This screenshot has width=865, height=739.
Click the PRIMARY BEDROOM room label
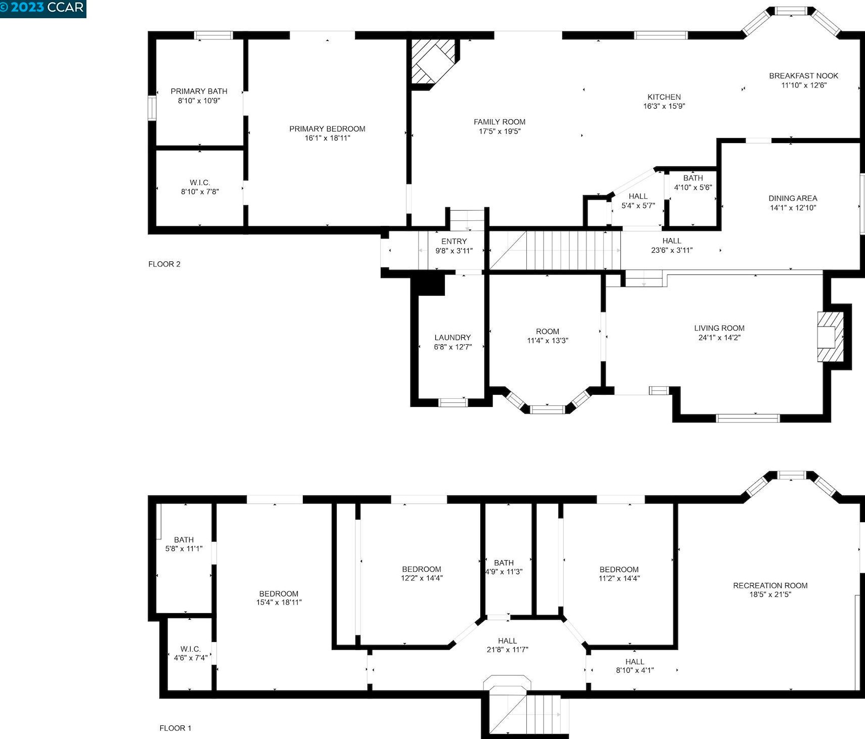[x=327, y=129]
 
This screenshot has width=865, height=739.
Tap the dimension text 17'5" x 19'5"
[x=499, y=131]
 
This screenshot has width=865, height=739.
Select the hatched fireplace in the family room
[x=433, y=62]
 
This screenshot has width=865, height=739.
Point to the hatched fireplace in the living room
[x=831, y=337]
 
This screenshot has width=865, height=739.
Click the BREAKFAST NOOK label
[x=804, y=76]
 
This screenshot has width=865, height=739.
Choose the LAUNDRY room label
[x=452, y=338]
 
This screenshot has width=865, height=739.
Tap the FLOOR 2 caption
[x=164, y=264]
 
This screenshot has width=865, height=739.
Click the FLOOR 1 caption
[x=175, y=728]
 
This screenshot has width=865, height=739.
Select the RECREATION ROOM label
[x=770, y=585]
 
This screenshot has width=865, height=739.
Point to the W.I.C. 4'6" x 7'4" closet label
[x=191, y=653]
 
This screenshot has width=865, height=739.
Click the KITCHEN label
[x=664, y=97]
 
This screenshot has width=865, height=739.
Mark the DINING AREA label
[x=793, y=199]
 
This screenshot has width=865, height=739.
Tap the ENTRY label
[x=454, y=242]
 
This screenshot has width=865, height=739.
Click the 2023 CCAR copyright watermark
[x=42, y=8]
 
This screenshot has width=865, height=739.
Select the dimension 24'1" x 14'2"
[x=719, y=338]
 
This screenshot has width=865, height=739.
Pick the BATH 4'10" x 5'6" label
[x=693, y=182]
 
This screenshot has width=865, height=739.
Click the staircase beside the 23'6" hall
[x=573, y=250]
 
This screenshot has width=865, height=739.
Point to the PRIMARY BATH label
[x=199, y=91]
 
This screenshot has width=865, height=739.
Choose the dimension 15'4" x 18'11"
[x=279, y=603]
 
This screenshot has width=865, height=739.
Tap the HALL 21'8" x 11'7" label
[x=507, y=645]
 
